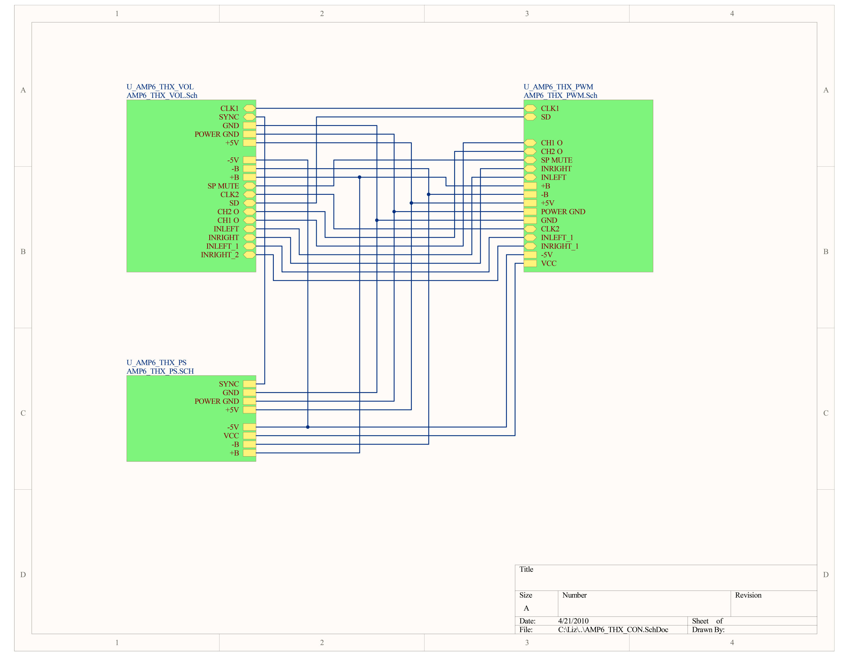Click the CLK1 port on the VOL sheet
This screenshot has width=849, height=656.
point(249,108)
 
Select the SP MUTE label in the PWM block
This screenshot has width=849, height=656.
point(556,160)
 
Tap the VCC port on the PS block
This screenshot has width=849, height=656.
point(249,436)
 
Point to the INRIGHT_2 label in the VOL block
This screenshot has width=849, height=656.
point(220,255)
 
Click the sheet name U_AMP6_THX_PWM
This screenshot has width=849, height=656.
point(558,87)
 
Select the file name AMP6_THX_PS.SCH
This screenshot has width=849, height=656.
point(160,371)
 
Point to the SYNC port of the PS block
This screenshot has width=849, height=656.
point(249,384)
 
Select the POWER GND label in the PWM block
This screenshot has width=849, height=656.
point(563,212)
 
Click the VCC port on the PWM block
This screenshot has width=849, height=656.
point(530,264)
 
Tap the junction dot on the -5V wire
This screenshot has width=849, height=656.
point(307,427)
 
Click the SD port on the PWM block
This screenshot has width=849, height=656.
point(530,117)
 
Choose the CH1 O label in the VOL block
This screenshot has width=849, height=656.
point(228,220)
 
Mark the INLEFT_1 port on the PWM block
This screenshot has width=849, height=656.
point(530,237)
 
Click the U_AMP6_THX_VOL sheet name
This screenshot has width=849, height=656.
point(160,87)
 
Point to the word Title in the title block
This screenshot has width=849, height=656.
point(526,569)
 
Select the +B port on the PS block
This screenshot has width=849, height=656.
point(249,453)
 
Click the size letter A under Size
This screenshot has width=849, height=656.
point(526,608)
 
